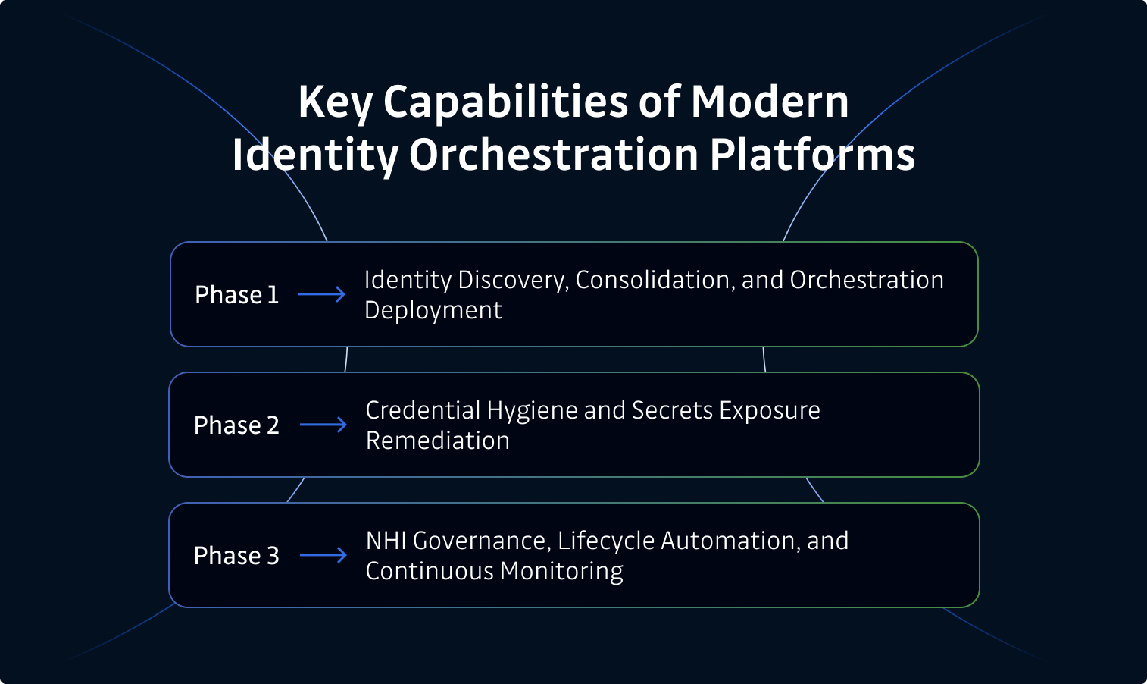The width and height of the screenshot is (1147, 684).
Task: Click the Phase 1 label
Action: [x=236, y=294]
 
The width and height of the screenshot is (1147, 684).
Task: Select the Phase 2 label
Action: [x=236, y=425]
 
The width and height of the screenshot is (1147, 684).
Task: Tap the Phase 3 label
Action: [x=236, y=555]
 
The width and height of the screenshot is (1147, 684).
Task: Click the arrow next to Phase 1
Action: [x=322, y=294]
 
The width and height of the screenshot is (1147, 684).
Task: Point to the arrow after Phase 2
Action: [x=323, y=425]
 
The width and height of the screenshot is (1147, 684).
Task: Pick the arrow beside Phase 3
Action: [x=323, y=555]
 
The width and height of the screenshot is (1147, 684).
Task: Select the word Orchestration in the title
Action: [x=554, y=155]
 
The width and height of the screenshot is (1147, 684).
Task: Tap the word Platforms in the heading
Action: [x=812, y=155]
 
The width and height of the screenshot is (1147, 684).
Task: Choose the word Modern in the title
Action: [x=769, y=102]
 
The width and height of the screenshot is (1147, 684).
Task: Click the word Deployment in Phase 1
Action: [x=433, y=310]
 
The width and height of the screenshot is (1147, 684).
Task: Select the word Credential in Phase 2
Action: [x=423, y=410]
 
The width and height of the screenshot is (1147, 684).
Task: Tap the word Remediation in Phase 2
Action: [x=438, y=441]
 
